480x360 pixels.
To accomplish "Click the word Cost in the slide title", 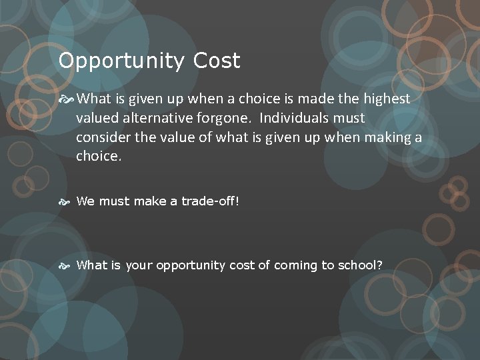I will click(x=217, y=61).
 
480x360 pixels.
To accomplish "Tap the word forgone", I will click(x=228, y=119).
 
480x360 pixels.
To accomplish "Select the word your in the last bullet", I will click(x=139, y=265).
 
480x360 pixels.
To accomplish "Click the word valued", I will click(x=97, y=119).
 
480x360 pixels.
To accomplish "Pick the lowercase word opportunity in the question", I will click(x=191, y=265).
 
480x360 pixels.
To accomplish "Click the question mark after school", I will click(x=380, y=265).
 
